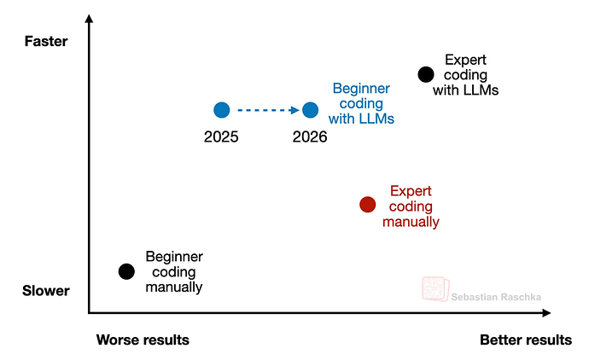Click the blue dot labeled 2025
[x=222, y=109]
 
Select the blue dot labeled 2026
[x=311, y=109]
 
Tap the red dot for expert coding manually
[x=368, y=204]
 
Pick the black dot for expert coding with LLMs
[x=425, y=74]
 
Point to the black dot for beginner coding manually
[x=126, y=271]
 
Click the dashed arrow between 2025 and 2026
[x=266, y=109]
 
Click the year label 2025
[x=221, y=136]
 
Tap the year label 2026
[x=310, y=136]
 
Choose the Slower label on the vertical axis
[x=45, y=292]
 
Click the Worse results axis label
[x=143, y=340]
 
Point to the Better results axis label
[x=526, y=340]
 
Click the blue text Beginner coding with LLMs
[x=362, y=103]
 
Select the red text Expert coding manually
[x=411, y=206]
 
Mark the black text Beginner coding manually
[x=174, y=271]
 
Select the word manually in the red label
[x=411, y=222]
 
